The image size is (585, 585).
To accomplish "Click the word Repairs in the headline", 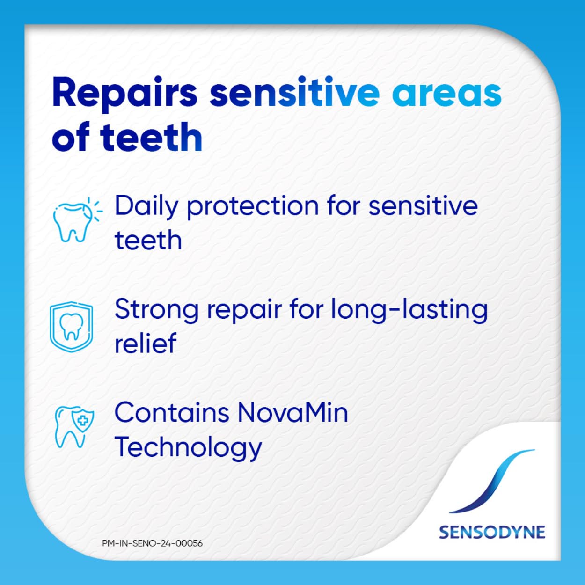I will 124,94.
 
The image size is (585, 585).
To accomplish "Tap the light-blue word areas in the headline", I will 446,94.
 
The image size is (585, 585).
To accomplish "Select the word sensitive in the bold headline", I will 294,93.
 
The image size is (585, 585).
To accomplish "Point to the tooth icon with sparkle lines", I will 75,220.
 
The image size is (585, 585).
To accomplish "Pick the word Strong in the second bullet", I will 156,310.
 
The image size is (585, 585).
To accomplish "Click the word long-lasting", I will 409,310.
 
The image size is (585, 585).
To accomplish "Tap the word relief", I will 145,343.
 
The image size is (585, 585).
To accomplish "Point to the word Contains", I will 171,413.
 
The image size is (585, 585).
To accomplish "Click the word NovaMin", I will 292,413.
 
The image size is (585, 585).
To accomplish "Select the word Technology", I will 188,448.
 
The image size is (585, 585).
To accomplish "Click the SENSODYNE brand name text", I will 492,533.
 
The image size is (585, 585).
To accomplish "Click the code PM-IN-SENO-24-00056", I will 152,543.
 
